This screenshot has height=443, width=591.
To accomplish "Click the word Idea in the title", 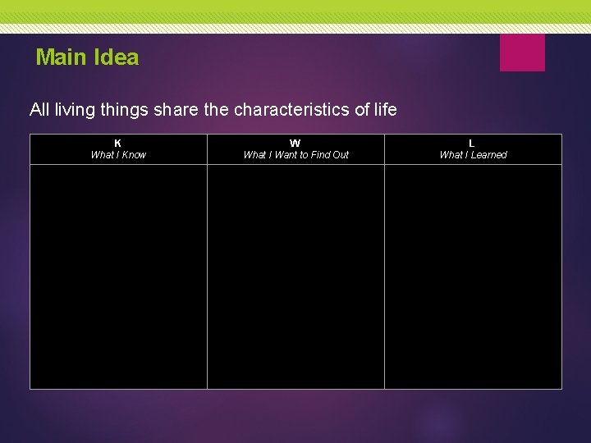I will [117, 57].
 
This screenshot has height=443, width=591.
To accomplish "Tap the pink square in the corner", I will [522, 53].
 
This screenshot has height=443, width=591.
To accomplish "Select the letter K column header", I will [118, 144].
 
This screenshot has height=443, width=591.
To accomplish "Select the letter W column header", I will [295, 144].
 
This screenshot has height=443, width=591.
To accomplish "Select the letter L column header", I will [472, 144].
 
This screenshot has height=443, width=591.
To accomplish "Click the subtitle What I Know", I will [118, 155].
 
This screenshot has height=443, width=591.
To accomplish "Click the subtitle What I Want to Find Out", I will [295, 155].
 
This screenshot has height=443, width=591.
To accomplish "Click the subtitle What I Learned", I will [473, 155].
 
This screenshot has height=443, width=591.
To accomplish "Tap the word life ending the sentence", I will [383, 109].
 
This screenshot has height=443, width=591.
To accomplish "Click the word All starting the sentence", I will [39, 109].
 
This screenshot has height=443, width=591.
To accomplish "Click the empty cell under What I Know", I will [118, 276].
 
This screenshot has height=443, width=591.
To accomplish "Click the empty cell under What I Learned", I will [473, 276].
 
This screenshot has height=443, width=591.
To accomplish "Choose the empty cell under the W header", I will [295, 276].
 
